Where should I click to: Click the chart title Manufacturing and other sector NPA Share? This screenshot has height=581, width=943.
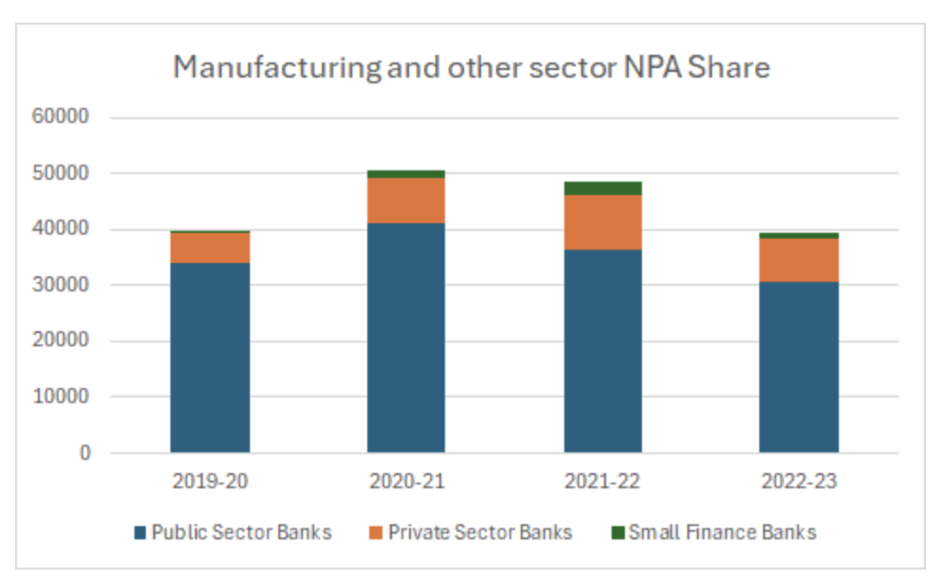[471, 68]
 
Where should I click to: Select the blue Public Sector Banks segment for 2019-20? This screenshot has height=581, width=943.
[210, 358]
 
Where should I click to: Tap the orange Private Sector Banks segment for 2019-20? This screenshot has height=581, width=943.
[210, 248]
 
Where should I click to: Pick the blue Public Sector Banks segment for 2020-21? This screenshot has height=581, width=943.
[406, 338]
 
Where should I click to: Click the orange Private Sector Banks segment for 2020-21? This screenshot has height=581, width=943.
[406, 201]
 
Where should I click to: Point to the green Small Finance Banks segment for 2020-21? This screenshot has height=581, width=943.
[406, 174]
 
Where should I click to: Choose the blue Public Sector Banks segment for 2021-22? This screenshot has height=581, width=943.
[603, 351]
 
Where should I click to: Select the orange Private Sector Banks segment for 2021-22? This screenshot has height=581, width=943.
[603, 222]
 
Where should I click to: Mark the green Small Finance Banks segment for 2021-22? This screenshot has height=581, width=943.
[603, 188]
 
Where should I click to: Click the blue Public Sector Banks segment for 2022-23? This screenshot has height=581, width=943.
[799, 367]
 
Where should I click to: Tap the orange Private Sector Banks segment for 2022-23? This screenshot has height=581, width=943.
[799, 260]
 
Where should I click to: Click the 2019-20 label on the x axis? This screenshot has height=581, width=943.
[210, 481]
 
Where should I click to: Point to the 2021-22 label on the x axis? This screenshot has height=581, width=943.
[603, 481]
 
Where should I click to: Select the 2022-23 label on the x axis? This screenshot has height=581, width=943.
[799, 481]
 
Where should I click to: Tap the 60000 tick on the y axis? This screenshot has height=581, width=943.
[61, 118]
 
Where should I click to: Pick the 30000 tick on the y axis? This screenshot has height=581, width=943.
[61, 286]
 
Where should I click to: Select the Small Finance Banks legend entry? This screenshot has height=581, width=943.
[712, 532]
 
